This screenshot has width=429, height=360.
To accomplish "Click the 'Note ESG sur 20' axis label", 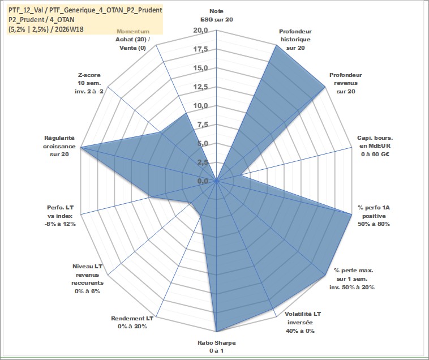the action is (x=216, y=15).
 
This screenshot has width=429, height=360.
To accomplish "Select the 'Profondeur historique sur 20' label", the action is (x=295, y=40).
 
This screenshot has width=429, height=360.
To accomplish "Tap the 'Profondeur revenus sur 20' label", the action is (x=346, y=83).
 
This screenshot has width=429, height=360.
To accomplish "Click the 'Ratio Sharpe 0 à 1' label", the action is (x=216, y=346).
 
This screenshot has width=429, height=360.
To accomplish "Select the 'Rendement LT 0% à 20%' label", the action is (x=132, y=322).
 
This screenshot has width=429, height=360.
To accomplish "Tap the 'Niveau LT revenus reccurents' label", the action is (x=88, y=278).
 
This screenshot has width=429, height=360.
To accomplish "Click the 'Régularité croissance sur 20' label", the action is (x=59, y=146).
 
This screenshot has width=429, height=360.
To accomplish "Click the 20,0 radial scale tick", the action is (x=201, y=31).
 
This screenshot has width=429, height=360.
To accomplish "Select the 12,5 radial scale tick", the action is (x=201, y=87).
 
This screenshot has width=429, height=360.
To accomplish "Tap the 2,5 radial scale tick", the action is (x=203, y=162).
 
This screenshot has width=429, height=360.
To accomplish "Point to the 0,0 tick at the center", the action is (x=203, y=181).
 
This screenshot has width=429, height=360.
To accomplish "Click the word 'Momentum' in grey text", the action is (x=133, y=32).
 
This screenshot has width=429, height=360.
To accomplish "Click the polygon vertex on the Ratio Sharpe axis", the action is (x=216, y=332).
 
